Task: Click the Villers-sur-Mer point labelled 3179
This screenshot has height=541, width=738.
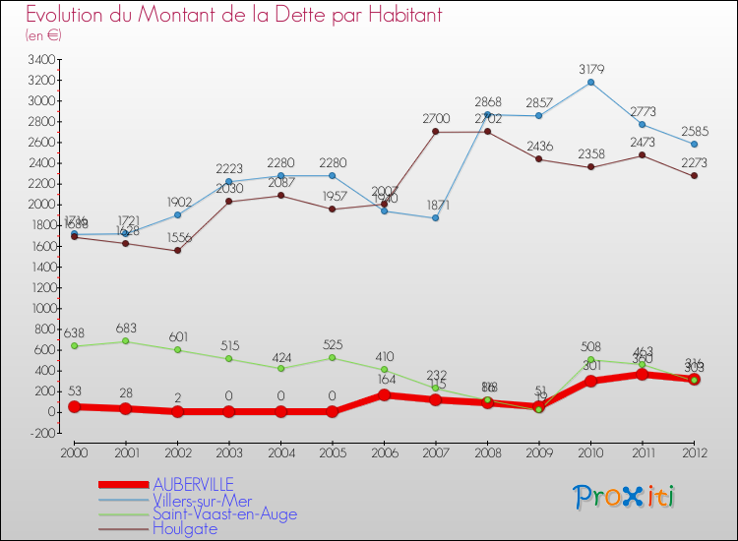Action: [589, 82]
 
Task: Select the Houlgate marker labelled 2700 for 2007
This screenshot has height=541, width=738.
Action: [436, 132]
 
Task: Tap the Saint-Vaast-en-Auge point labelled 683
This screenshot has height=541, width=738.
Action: [125, 341]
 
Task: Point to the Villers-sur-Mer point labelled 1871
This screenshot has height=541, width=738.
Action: [436, 217]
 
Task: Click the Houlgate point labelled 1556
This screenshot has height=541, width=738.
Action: [178, 250]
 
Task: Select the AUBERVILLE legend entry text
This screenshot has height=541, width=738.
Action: [193, 484]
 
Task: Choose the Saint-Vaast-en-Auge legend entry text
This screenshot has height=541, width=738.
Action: [224, 513]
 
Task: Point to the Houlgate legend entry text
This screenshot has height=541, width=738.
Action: [185, 528]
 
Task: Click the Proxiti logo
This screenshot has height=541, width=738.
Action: [624, 497]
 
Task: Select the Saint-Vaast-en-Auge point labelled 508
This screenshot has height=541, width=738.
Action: [589, 359]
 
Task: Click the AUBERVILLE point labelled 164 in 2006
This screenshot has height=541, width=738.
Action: [384, 394]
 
